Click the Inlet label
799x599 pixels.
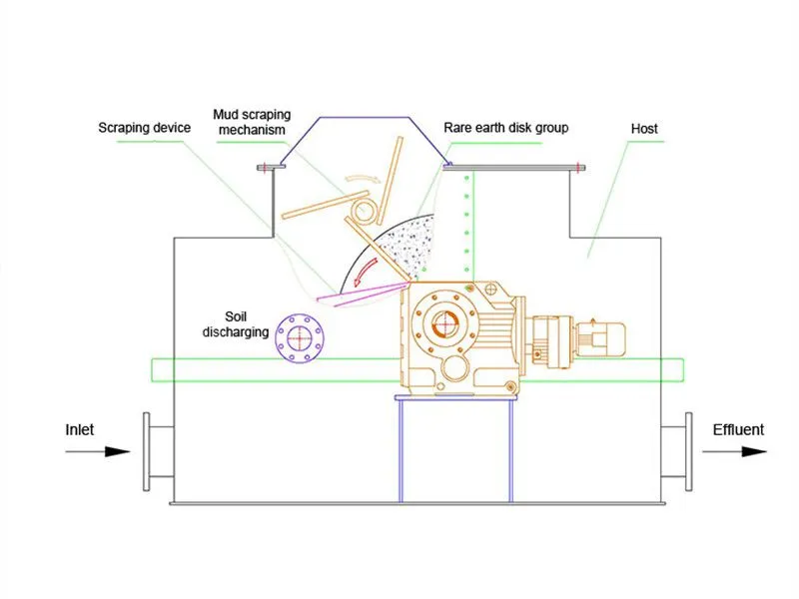pos(80,430)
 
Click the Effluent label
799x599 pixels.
pos(738,430)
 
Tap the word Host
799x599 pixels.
pos(644,129)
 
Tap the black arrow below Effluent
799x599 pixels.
pos(734,451)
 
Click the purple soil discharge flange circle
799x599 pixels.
pos(297,337)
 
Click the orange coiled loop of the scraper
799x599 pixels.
pos(366,210)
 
